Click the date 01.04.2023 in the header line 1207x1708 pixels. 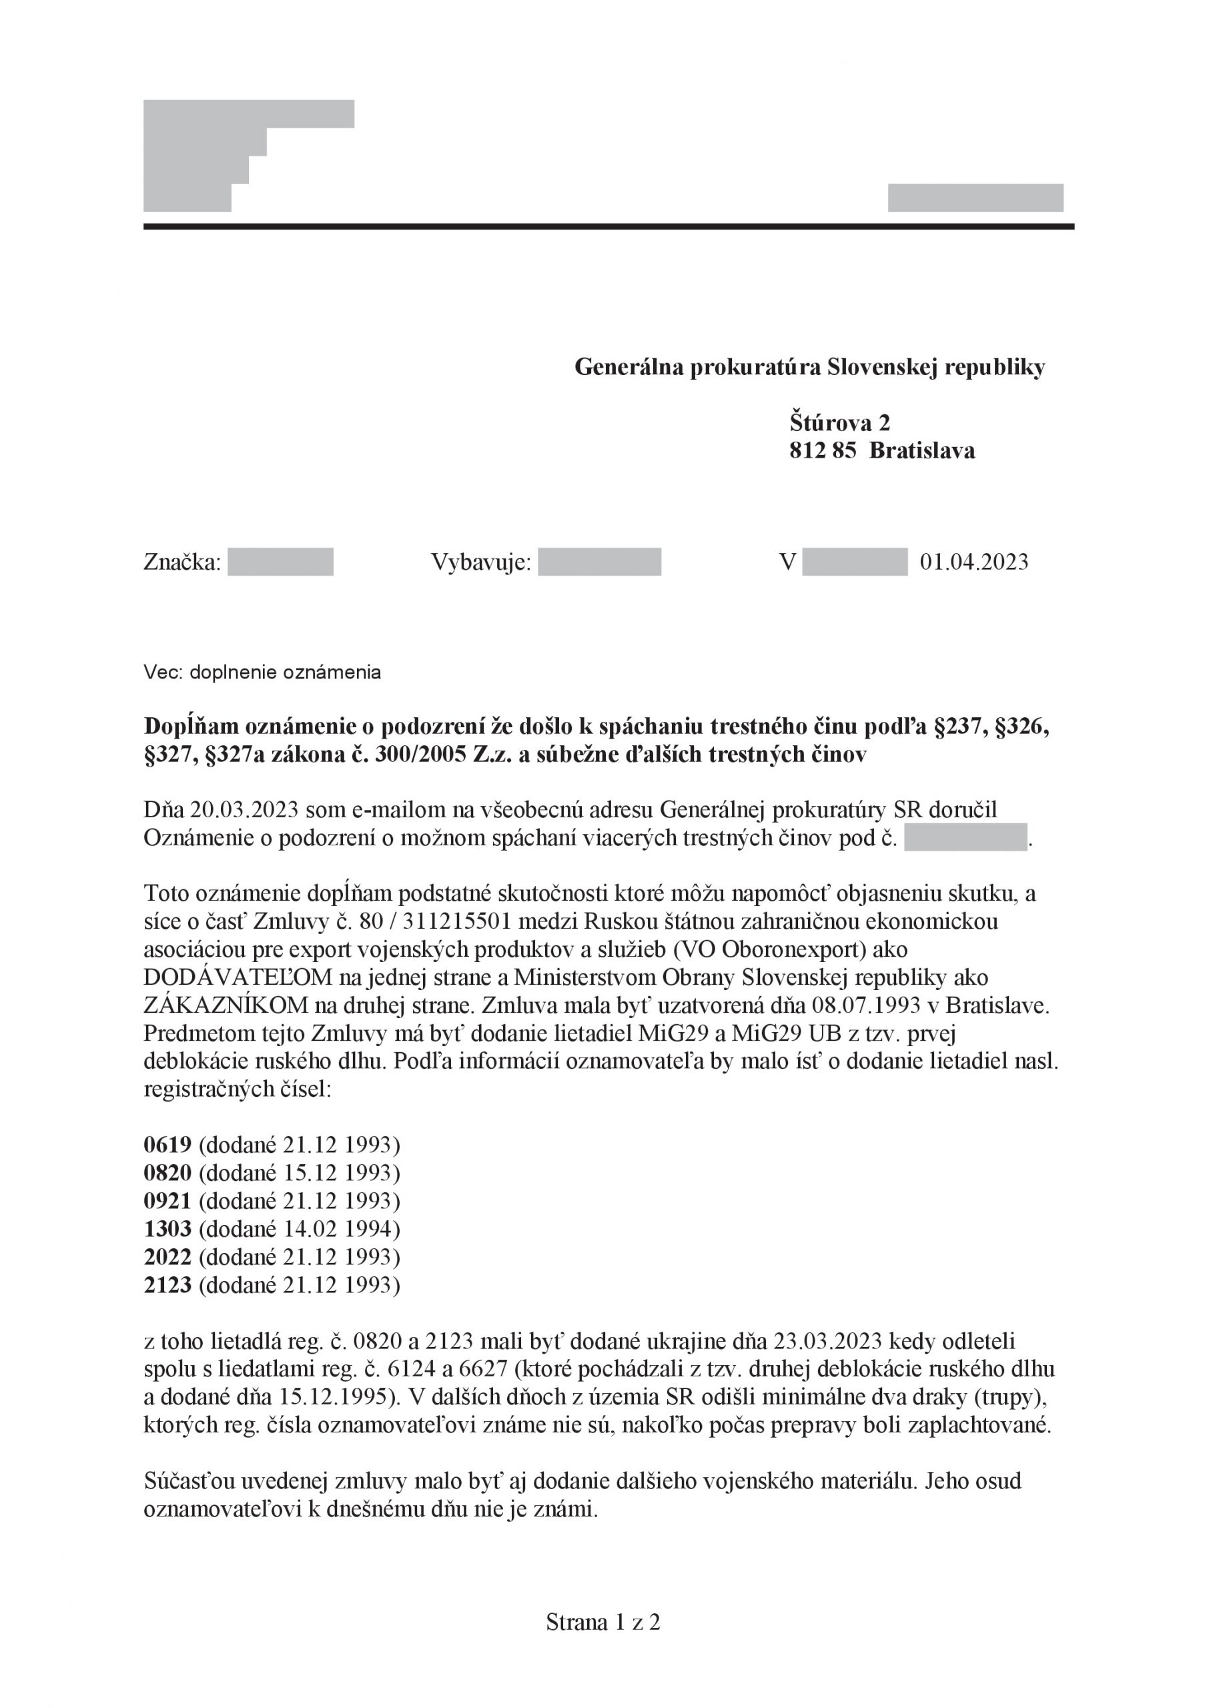[974, 562]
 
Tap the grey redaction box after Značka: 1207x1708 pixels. [280, 562]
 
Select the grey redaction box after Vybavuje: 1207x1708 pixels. [599, 562]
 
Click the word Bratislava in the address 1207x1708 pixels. [921, 451]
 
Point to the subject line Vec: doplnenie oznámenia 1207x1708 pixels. [262, 673]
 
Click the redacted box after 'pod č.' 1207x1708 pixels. [965, 837]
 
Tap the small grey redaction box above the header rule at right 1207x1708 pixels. [975, 198]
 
